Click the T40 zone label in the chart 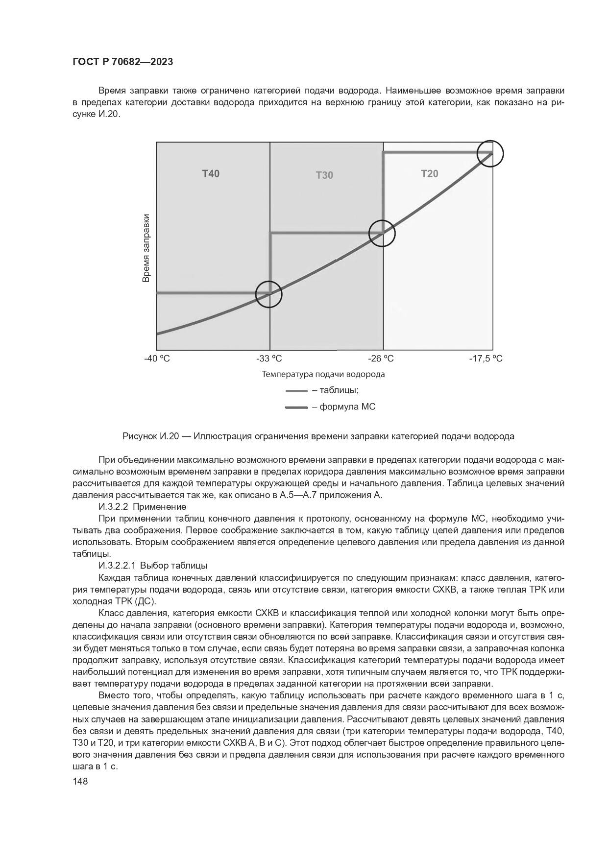[x=211, y=173]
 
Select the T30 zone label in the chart [x=324, y=175]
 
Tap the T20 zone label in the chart [x=430, y=173]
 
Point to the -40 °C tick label [x=157, y=358]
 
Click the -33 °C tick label [x=269, y=358]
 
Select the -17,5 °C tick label [x=486, y=358]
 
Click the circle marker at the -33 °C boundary [x=269, y=294]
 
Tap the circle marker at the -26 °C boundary [x=382, y=233]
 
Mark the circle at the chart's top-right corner [x=490, y=153]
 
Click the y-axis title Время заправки [x=146, y=248]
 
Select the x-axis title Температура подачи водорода [x=323, y=374]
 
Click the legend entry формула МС [x=347, y=406]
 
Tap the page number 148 [x=80, y=782]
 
